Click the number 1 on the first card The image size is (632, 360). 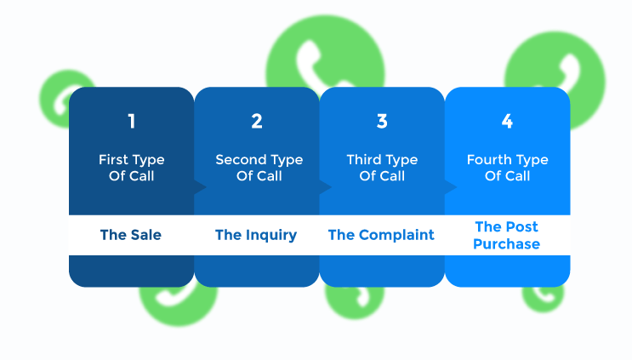[x=131, y=122]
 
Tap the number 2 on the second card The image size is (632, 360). [x=256, y=122]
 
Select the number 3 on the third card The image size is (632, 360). [x=382, y=122]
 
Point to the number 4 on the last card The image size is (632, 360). [x=507, y=122]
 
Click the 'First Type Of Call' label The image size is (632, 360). [x=131, y=168]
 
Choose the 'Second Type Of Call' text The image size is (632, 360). [x=256, y=168]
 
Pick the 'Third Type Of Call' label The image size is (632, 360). [x=382, y=168]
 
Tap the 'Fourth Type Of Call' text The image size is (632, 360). [x=507, y=168]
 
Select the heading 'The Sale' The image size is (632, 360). [x=131, y=235]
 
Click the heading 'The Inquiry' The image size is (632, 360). [x=256, y=235]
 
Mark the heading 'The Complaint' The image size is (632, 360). [x=381, y=235]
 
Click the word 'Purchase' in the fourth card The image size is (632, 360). [x=507, y=244]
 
